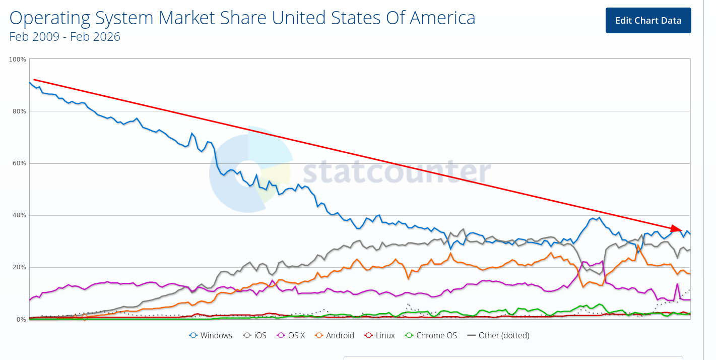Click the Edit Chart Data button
[648, 21]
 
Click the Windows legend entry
[211, 335]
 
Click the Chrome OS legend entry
[431, 335]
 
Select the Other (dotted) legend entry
[498, 335]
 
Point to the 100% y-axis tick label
[18, 59]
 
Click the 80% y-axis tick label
[19, 111]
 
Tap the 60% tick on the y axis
[19, 163]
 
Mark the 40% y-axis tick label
[19, 215]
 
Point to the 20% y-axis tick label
[19, 267]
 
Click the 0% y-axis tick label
[21, 319]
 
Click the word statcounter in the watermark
[397, 171]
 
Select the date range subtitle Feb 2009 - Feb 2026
[64, 37]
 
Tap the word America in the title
[442, 18]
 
